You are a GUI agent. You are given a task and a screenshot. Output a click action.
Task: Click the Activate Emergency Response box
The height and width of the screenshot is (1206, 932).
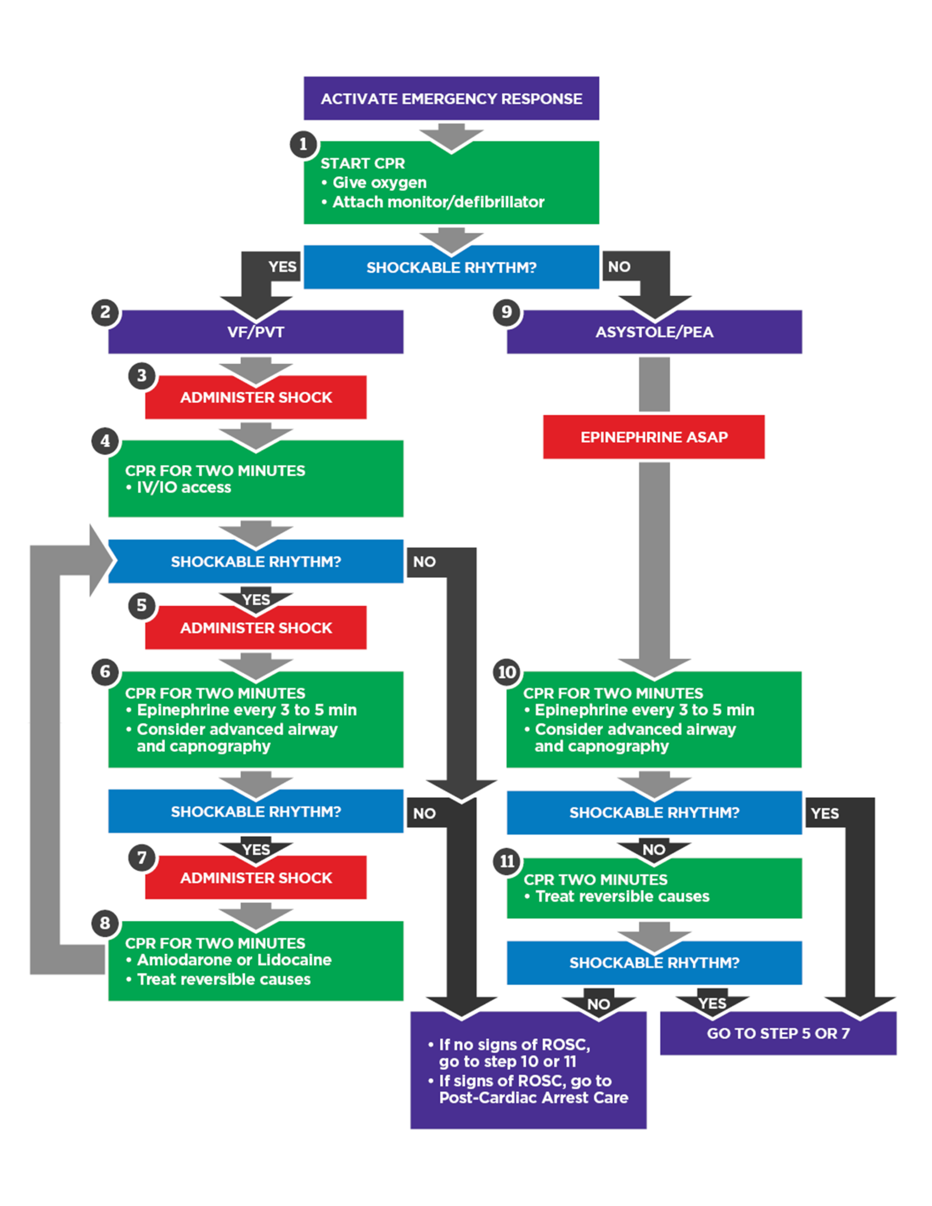click(x=451, y=98)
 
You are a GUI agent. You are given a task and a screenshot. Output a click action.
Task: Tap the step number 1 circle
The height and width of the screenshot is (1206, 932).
click(x=303, y=144)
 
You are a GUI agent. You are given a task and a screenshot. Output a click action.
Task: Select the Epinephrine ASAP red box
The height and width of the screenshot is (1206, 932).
click(x=654, y=437)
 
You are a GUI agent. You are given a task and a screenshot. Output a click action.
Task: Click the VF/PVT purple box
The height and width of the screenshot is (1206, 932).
click(x=256, y=332)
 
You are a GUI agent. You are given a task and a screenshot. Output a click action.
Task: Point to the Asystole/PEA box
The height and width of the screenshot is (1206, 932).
click(x=654, y=332)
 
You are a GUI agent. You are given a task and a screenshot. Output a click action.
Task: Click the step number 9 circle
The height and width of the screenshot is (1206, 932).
click(x=506, y=312)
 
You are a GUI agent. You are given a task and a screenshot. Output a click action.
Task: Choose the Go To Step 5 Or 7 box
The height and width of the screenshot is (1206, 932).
click(x=778, y=1033)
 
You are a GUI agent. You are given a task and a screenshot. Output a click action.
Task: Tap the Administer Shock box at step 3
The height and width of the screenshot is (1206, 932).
click(x=256, y=397)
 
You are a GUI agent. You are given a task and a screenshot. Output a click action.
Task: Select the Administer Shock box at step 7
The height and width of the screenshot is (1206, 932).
click(x=256, y=878)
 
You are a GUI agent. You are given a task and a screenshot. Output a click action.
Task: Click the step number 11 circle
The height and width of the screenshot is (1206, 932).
click(x=507, y=862)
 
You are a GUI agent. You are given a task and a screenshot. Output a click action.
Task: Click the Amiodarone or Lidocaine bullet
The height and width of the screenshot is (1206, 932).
click(x=234, y=960)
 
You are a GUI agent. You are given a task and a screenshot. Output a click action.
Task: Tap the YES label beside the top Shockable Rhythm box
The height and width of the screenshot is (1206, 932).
click(x=282, y=267)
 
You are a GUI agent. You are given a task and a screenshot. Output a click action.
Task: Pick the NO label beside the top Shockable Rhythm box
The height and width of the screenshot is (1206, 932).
click(x=619, y=267)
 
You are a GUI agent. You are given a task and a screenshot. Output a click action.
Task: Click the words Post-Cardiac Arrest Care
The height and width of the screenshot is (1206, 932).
click(x=533, y=1098)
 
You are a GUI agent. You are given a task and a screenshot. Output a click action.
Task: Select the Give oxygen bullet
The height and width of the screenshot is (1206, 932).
click(x=379, y=183)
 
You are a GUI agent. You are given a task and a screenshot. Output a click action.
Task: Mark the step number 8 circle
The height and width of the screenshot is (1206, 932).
click(x=105, y=923)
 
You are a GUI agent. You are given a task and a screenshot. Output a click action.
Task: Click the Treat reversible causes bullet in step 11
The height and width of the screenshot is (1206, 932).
click(x=622, y=896)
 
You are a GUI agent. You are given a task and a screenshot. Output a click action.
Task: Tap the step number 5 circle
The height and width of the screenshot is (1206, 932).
click(x=141, y=605)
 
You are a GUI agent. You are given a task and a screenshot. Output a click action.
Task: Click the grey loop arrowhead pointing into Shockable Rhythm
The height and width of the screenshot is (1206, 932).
click(x=100, y=561)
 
